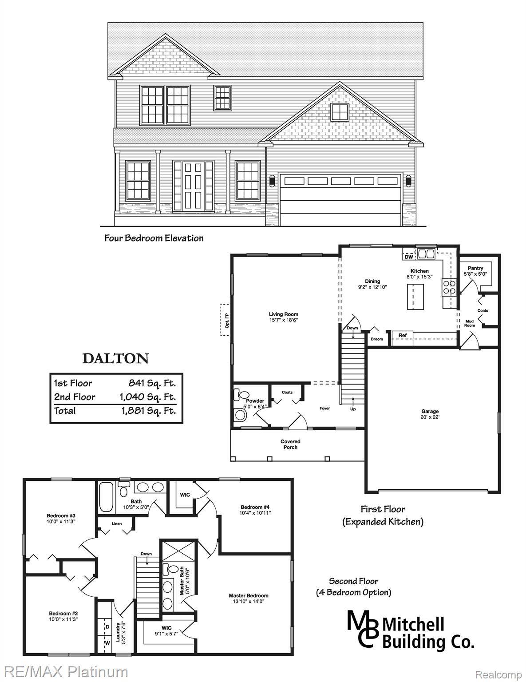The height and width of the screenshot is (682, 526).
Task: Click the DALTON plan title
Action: point(115,359)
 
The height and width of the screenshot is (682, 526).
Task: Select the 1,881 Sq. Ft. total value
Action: point(148,411)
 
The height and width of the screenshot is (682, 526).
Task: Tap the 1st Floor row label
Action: point(73,383)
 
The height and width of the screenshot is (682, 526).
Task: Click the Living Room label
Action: point(283,317)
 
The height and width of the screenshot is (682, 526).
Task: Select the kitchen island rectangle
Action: point(415,297)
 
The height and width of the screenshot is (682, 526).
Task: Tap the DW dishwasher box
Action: point(409,257)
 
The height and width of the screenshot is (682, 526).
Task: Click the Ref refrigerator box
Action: point(403,338)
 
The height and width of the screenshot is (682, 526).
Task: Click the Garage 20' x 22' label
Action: point(430,414)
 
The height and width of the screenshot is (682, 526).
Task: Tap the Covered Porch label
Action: point(290,444)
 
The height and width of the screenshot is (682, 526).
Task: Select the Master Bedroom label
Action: point(249,598)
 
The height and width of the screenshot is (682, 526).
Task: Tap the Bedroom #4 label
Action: point(255,510)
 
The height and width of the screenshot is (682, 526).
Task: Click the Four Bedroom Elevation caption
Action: point(154,238)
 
